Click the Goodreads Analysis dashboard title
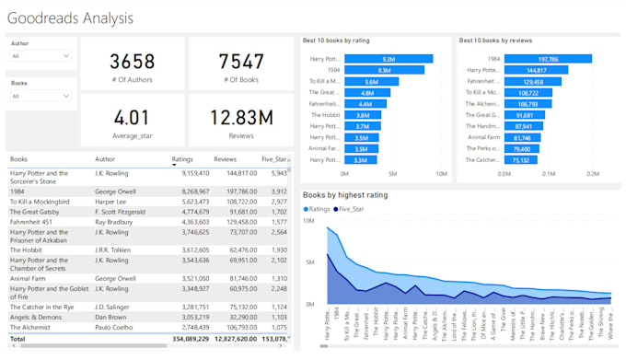[x=70, y=17]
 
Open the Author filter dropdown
[x=41, y=56]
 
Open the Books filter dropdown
[x=41, y=96]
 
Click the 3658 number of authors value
[x=132, y=62]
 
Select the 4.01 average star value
[x=132, y=117]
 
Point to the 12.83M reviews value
[x=241, y=117]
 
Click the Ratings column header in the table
[x=182, y=159]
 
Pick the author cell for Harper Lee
[x=110, y=201]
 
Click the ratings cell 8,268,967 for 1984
[x=190, y=191]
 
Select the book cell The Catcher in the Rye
[x=43, y=307]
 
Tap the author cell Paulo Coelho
[x=114, y=327]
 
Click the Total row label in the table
[x=18, y=339]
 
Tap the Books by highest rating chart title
[x=345, y=195]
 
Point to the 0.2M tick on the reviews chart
[x=592, y=172]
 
